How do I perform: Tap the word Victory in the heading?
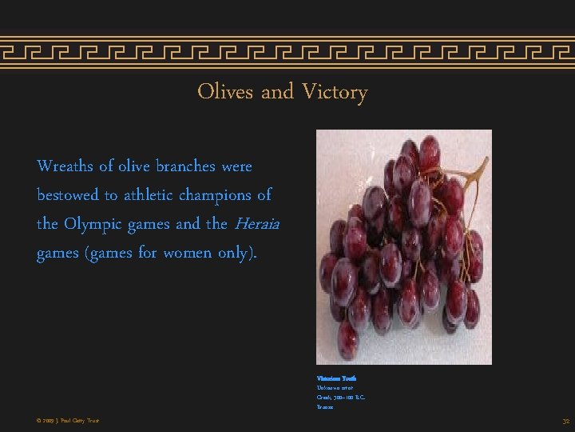pyautogui.click(x=335, y=93)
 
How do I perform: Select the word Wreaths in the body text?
pyautogui.click(x=65, y=166)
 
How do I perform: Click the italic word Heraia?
pyautogui.click(x=256, y=224)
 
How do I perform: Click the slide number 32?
pyautogui.click(x=565, y=421)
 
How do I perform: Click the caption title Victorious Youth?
pyautogui.click(x=336, y=378)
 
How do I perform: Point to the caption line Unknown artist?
pyautogui.click(x=335, y=387)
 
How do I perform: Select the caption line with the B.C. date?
pyautogui.click(x=341, y=397)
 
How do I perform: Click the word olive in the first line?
pyautogui.click(x=137, y=166)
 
